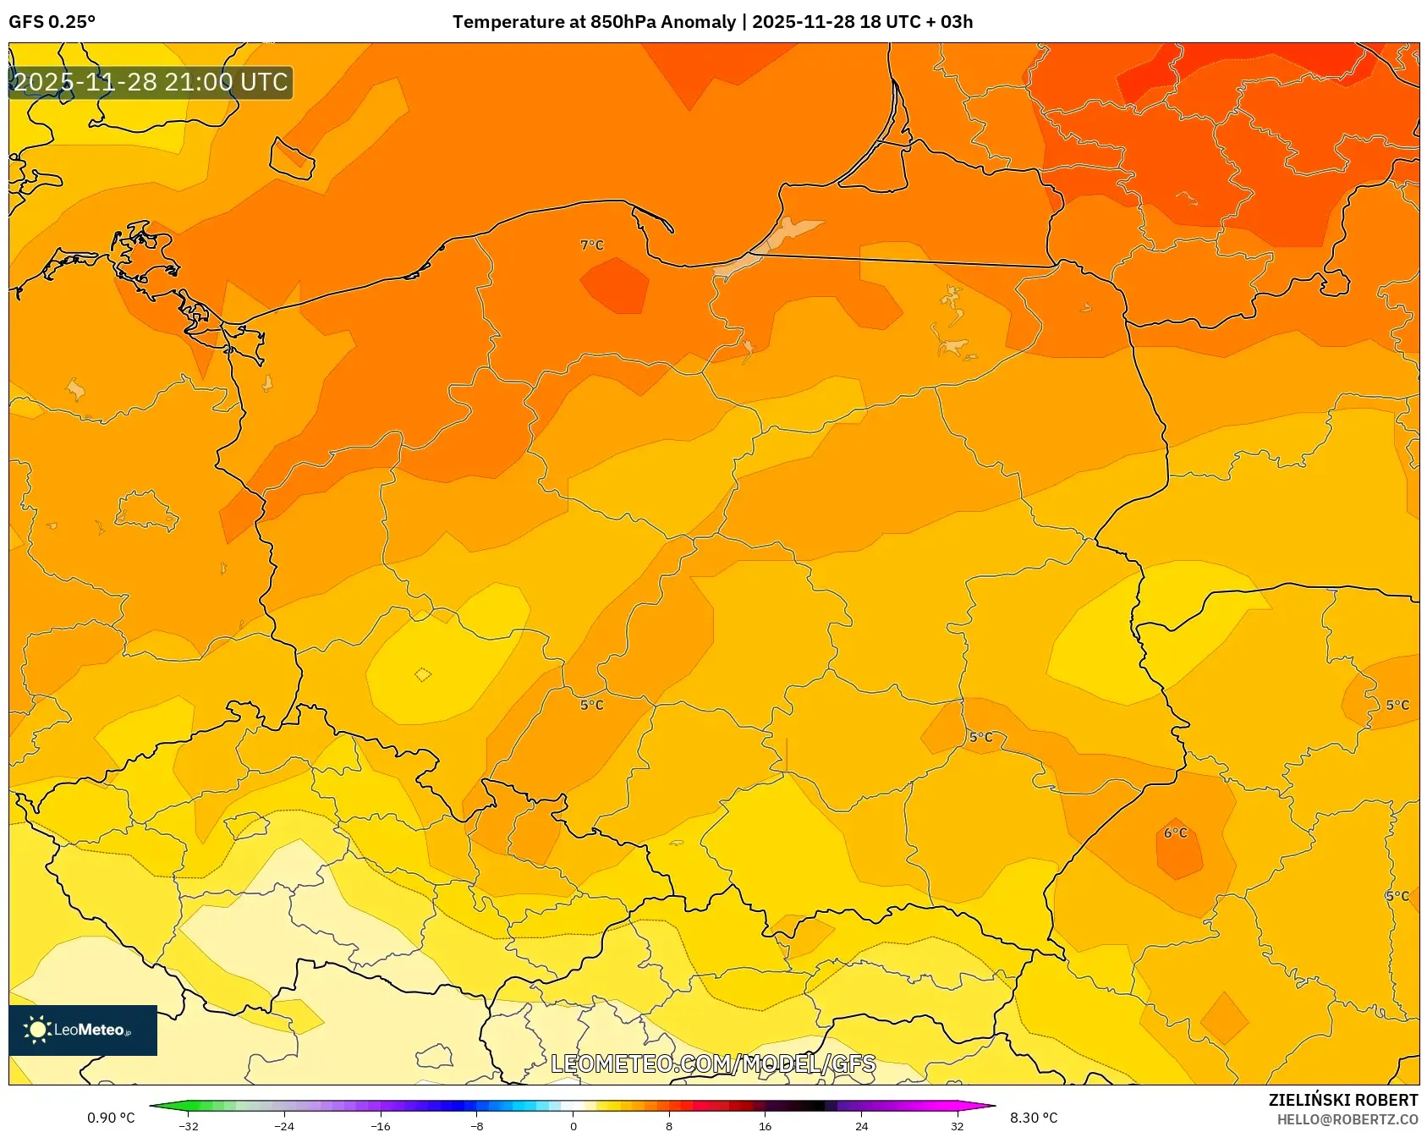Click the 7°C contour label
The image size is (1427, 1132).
point(592,245)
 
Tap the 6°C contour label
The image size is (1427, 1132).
point(1176,833)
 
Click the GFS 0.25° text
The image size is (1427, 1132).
point(52,22)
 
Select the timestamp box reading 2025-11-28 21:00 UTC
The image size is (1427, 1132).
point(151,83)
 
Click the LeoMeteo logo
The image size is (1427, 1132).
point(83,1030)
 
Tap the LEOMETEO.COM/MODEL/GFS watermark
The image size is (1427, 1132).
point(713,1063)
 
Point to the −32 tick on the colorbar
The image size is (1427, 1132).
point(189,1125)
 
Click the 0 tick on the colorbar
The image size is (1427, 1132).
point(574,1125)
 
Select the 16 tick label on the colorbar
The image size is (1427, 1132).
point(765,1125)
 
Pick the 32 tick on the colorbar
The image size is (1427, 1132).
point(957,1125)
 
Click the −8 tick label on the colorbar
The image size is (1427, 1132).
point(476,1125)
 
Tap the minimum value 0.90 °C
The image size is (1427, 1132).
point(111,1118)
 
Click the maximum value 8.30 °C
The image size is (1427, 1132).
point(1034,1118)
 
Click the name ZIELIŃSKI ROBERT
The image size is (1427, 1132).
point(1342,1100)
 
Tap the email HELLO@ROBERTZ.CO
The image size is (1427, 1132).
point(1347,1119)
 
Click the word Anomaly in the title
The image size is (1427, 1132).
point(698,22)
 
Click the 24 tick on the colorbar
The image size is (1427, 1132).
point(861,1125)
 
